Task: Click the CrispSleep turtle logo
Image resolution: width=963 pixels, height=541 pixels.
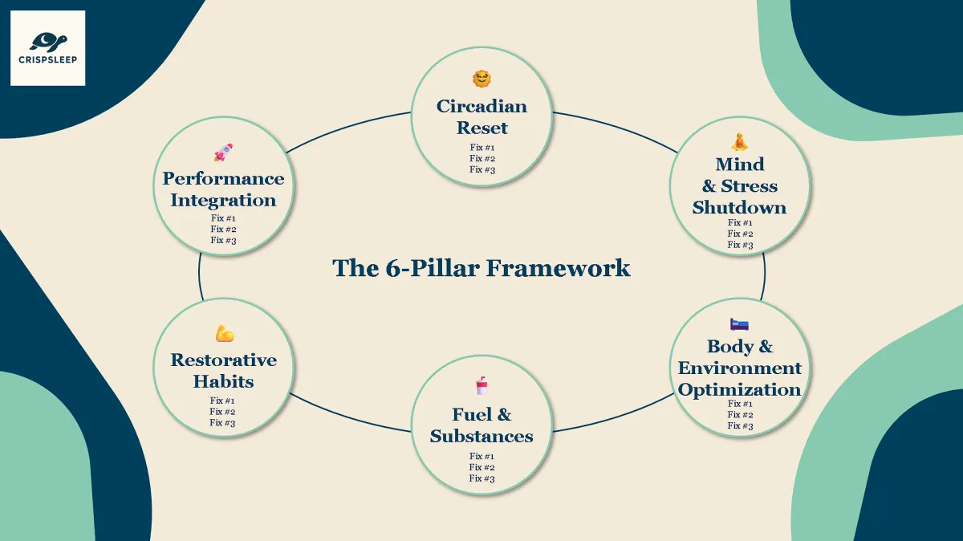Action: pyautogui.click(x=48, y=40)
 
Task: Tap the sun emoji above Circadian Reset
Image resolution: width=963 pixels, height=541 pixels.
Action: pyautogui.click(x=481, y=79)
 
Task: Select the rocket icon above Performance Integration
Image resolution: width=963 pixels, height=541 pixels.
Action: pyautogui.click(x=223, y=153)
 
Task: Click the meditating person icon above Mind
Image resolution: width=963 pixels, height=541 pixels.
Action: pyautogui.click(x=740, y=142)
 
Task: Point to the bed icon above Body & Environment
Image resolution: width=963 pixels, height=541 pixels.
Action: pyautogui.click(x=739, y=324)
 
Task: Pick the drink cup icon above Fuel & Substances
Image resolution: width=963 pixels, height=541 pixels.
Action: pyautogui.click(x=481, y=386)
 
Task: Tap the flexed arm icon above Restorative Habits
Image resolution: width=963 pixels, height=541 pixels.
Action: pyautogui.click(x=224, y=333)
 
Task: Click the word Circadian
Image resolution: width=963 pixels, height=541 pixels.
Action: pyautogui.click(x=481, y=106)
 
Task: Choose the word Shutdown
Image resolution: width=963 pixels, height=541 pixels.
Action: pyautogui.click(x=739, y=207)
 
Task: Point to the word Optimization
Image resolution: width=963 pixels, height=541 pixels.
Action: pyautogui.click(x=739, y=389)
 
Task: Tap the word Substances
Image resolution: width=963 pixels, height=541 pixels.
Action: pyautogui.click(x=481, y=436)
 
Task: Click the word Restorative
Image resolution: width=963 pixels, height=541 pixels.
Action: pyautogui.click(x=223, y=360)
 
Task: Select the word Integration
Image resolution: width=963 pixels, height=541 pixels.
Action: pyautogui.click(x=223, y=200)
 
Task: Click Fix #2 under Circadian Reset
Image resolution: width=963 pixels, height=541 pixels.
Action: pyautogui.click(x=482, y=158)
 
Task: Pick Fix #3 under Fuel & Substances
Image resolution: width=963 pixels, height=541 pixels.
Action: pyautogui.click(x=481, y=478)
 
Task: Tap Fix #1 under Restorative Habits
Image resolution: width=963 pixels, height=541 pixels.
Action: pyautogui.click(x=223, y=401)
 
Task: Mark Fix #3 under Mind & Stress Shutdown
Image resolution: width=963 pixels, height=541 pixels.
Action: pyautogui.click(x=740, y=245)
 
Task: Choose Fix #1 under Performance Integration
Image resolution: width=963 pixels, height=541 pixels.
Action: pyautogui.click(x=223, y=218)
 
